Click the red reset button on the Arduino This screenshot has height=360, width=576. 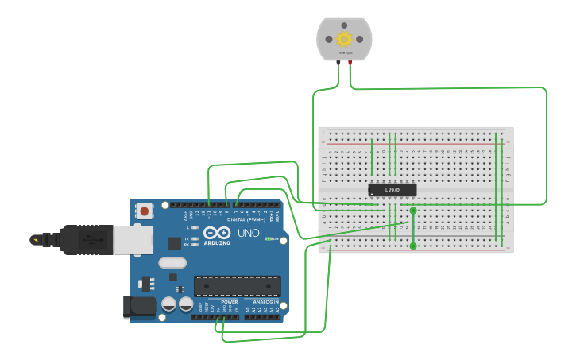[x=144, y=211]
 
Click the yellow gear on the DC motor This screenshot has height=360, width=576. [x=344, y=38]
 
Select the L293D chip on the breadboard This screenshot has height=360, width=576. [x=392, y=190]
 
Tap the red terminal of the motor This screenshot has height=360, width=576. [x=350, y=62]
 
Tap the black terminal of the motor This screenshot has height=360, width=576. [x=339, y=62]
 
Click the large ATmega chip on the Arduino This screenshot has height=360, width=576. [x=237, y=286]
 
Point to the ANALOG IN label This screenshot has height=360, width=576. [x=265, y=303]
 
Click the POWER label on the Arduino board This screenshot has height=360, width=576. [x=229, y=303]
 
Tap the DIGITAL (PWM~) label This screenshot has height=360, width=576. [x=248, y=220]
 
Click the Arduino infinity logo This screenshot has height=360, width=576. [x=216, y=233]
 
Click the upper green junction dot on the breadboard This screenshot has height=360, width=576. [x=413, y=211]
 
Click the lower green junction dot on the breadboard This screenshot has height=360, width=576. [x=413, y=246]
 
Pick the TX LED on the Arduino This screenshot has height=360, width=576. [x=195, y=238]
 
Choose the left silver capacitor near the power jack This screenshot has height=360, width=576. [x=169, y=304]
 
